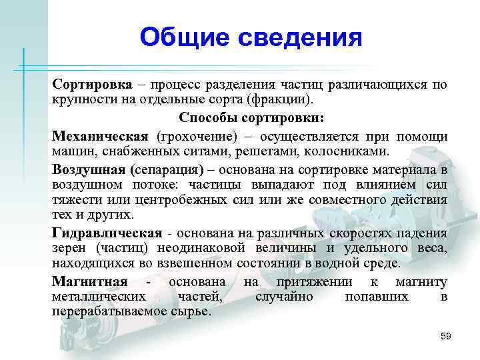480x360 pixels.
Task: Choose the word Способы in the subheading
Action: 208,118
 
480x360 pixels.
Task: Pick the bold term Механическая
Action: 101,135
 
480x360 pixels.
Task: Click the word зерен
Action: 67,248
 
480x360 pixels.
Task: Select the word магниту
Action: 421,281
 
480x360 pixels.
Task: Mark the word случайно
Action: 283,297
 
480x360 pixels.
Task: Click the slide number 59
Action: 445,336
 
